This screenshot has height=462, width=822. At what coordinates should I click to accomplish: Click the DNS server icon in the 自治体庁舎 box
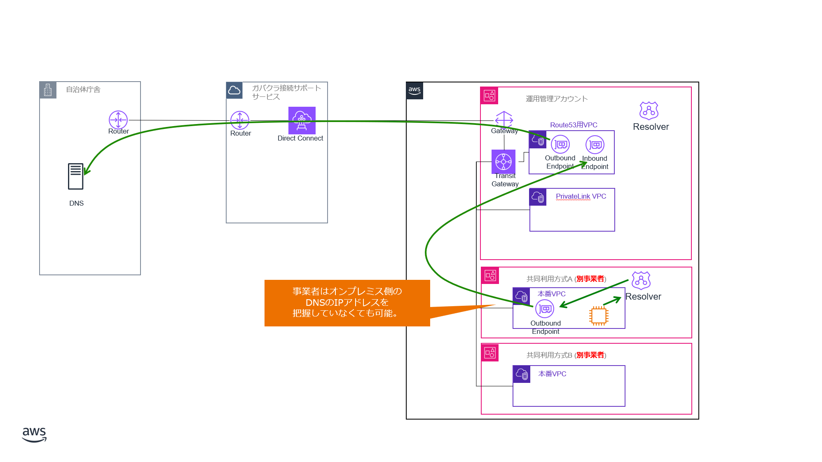coord(76,176)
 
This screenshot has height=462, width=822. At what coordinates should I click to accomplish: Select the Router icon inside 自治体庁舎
coord(118,120)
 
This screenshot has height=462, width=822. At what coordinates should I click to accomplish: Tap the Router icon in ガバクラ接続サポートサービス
coord(240,120)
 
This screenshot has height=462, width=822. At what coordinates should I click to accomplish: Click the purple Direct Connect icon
coord(302,120)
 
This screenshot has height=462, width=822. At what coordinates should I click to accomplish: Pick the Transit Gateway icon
coord(504,162)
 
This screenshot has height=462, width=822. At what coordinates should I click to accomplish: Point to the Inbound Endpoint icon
coord(595,145)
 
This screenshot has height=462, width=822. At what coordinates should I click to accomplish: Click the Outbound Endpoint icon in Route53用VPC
coord(560,144)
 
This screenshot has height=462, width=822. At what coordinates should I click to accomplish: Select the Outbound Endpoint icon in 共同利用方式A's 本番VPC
coord(545,308)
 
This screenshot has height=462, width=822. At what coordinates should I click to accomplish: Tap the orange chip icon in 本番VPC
coord(599,316)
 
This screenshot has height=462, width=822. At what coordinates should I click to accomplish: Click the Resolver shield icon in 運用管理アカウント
coord(649,110)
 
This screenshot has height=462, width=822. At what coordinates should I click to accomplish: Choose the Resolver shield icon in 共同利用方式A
coord(641,280)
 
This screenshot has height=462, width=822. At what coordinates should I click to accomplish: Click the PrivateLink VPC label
coord(581,196)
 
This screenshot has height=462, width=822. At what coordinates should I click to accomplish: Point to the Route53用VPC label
coord(574,125)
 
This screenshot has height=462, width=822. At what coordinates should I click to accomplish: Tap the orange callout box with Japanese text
coord(347,303)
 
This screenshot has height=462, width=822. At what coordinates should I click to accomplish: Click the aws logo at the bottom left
coord(34,434)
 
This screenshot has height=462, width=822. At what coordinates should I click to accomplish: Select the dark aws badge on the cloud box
coord(415,91)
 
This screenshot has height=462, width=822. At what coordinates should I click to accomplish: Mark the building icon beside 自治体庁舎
coord(48,90)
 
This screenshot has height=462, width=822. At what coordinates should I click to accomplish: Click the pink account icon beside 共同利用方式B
coord(490,353)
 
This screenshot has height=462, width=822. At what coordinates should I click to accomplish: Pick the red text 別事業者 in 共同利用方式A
coord(590,279)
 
